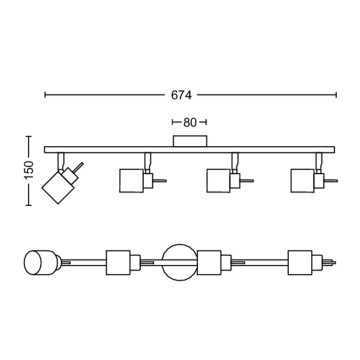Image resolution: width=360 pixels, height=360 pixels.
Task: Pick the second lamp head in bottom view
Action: tap(117, 262)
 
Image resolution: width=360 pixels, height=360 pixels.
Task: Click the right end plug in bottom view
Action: tap(327, 262)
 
